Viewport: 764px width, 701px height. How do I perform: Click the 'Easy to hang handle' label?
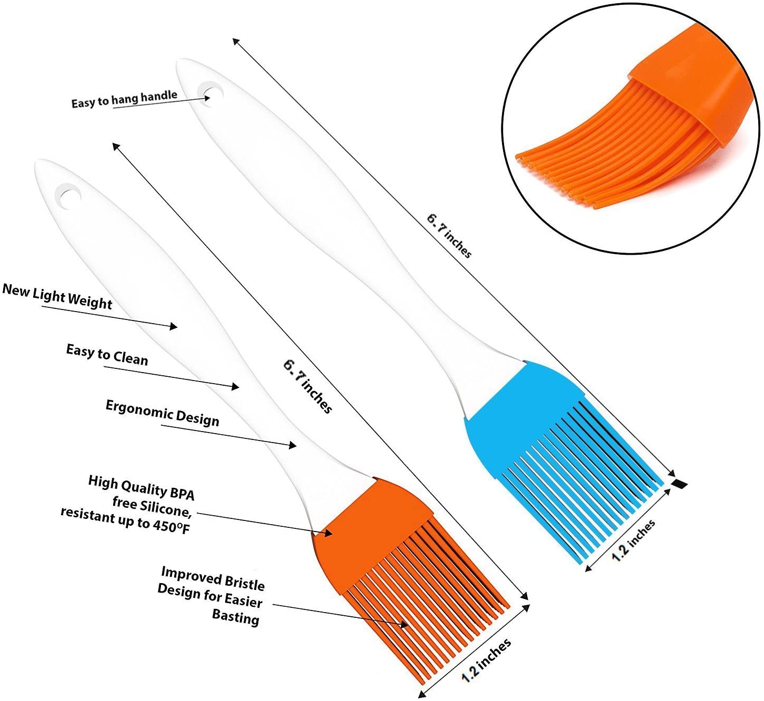[124, 99]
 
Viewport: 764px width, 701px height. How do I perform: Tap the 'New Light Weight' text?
[57, 297]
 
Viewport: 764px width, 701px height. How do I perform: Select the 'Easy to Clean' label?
[107, 354]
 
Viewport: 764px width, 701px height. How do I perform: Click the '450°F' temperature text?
[171, 526]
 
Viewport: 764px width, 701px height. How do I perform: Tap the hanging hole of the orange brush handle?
[69, 195]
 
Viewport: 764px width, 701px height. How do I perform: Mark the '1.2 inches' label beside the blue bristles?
[634, 540]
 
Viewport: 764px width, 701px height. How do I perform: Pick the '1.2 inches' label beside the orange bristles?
[486, 660]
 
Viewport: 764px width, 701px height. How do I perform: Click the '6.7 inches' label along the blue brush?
[449, 236]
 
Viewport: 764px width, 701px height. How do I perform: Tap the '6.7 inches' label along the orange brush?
[308, 386]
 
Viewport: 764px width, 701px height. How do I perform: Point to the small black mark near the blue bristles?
[680, 483]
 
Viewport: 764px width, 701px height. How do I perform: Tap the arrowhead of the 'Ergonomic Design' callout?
[293, 446]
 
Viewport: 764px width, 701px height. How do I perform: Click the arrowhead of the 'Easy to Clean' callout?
[236, 387]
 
